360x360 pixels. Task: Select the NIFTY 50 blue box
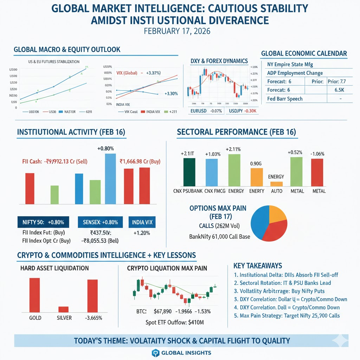click(43, 222)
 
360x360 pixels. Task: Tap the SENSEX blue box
click(100, 222)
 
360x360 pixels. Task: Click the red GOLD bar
click(34, 295)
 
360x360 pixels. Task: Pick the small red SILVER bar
click(63, 309)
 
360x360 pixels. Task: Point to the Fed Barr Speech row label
click(285, 99)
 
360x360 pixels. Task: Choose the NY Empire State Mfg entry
click(290, 64)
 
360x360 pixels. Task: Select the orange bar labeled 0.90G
click(256, 177)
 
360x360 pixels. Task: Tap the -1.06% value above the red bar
click(317, 154)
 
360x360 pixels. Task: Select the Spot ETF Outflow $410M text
click(175, 322)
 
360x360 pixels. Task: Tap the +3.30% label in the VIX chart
click(171, 94)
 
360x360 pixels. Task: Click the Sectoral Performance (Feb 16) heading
click(236, 132)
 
